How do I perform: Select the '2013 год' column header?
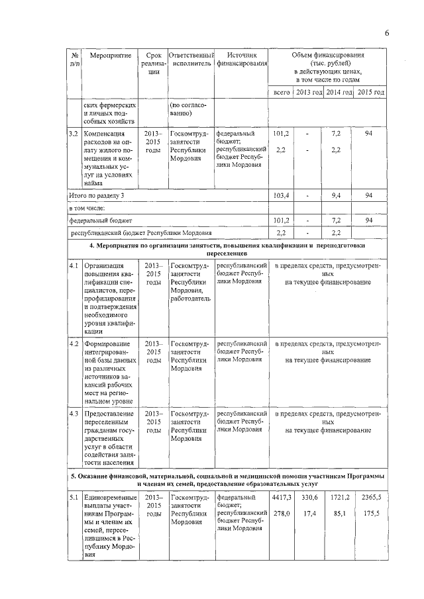309,92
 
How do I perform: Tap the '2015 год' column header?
371,92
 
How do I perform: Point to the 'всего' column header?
282,92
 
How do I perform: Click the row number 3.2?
74,133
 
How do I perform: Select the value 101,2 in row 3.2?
281,133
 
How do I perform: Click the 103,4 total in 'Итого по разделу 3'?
281,196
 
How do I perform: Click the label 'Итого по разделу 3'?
97,196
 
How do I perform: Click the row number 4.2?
74,344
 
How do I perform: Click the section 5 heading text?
227,480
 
